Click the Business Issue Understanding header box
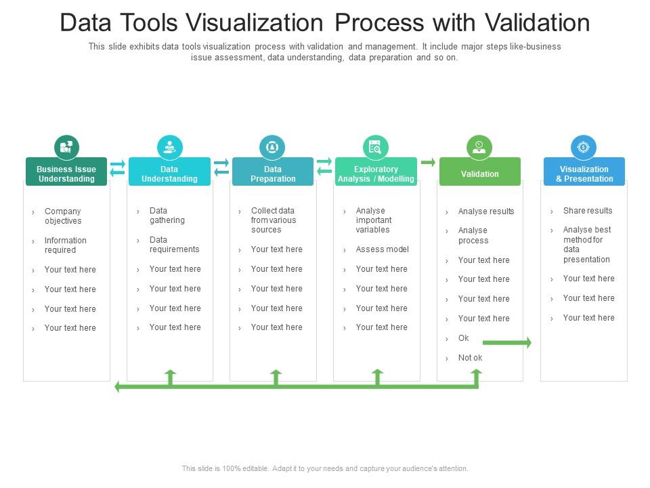pyautogui.click(x=66, y=174)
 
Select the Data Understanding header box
pyautogui.click(x=169, y=174)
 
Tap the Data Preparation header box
pyautogui.click(x=273, y=174)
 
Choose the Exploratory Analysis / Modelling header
pyautogui.click(x=376, y=174)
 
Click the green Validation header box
pyautogui.click(x=479, y=174)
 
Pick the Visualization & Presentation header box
pyautogui.click(x=584, y=174)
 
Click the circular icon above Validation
pyautogui.click(x=479, y=147)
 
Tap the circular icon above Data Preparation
pyautogui.click(x=272, y=147)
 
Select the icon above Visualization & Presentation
pyautogui.click(x=584, y=147)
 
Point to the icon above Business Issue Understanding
pyautogui.click(x=66, y=147)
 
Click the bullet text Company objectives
pyautogui.click(x=63, y=216)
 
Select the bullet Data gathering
pyautogui.click(x=167, y=216)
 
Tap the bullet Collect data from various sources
pyautogui.click(x=273, y=220)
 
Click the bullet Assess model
pyautogui.click(x=382, y=249)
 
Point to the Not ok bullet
pyautogui.click(x=470, y=358)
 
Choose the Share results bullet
pyautogui.click(x=587, y=211)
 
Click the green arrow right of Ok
pyautogui.click(x=506, y=343)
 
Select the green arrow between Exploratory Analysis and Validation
pyautogui.click(x=428, y=162)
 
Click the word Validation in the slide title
pyautogui.click(x=537, y=23)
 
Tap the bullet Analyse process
pyautogui.click(x=473, y=235)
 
